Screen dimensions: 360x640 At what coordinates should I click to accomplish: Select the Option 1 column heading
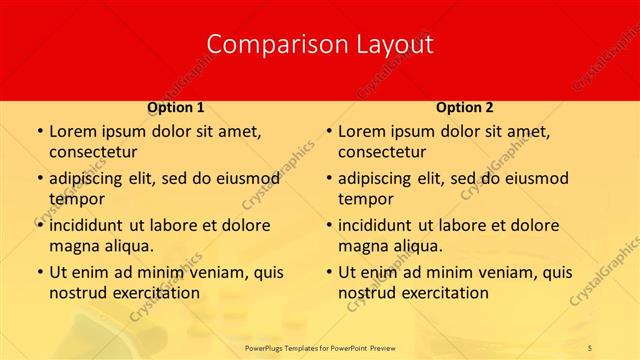point(176,107)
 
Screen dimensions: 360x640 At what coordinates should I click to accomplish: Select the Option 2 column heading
point(465,107)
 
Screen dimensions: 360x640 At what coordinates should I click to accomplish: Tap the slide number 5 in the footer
point(590,346)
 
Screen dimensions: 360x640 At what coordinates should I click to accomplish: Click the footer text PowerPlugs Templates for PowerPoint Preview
point(320,346)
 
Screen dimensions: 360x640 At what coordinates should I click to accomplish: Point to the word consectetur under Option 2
point(382,152)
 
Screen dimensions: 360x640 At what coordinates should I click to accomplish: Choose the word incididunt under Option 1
point(91,225)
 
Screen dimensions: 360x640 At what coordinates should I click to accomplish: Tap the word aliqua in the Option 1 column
point(127,246)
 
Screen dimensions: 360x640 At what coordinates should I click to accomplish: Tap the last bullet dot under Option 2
point(329,272)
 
